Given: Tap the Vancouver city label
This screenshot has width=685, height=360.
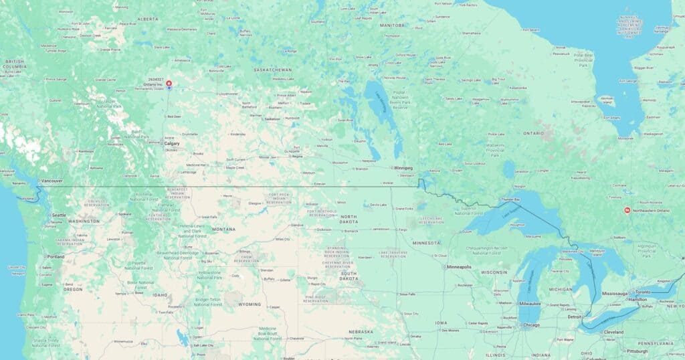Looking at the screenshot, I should coord(52,181).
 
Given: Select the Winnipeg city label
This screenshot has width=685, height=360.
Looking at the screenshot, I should coord(403,167).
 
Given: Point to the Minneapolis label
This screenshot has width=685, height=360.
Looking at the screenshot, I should coord(460,267).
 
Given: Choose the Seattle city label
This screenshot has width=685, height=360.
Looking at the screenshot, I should coord(59,215).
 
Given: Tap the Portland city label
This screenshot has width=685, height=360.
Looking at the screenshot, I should coord(56,256).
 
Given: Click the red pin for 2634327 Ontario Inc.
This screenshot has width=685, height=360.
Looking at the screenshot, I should coord(169,84).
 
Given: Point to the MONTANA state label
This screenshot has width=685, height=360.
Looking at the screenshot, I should coord(224,229).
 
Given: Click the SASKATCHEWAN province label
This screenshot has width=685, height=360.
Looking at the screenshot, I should coord(272,70).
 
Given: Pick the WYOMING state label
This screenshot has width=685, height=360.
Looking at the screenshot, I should coord(250,304).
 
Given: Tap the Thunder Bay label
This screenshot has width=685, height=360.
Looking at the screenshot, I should coord(510,199).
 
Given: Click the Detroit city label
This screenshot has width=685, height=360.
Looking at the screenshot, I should coord(575,317).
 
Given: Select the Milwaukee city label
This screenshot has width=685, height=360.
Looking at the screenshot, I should coord(530,303).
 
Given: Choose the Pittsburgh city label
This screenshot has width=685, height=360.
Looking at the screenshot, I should coord(637,351).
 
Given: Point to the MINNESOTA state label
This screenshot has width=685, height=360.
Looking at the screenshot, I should coord(426,242).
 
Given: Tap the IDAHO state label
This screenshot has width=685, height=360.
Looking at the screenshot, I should coord(160,294).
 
